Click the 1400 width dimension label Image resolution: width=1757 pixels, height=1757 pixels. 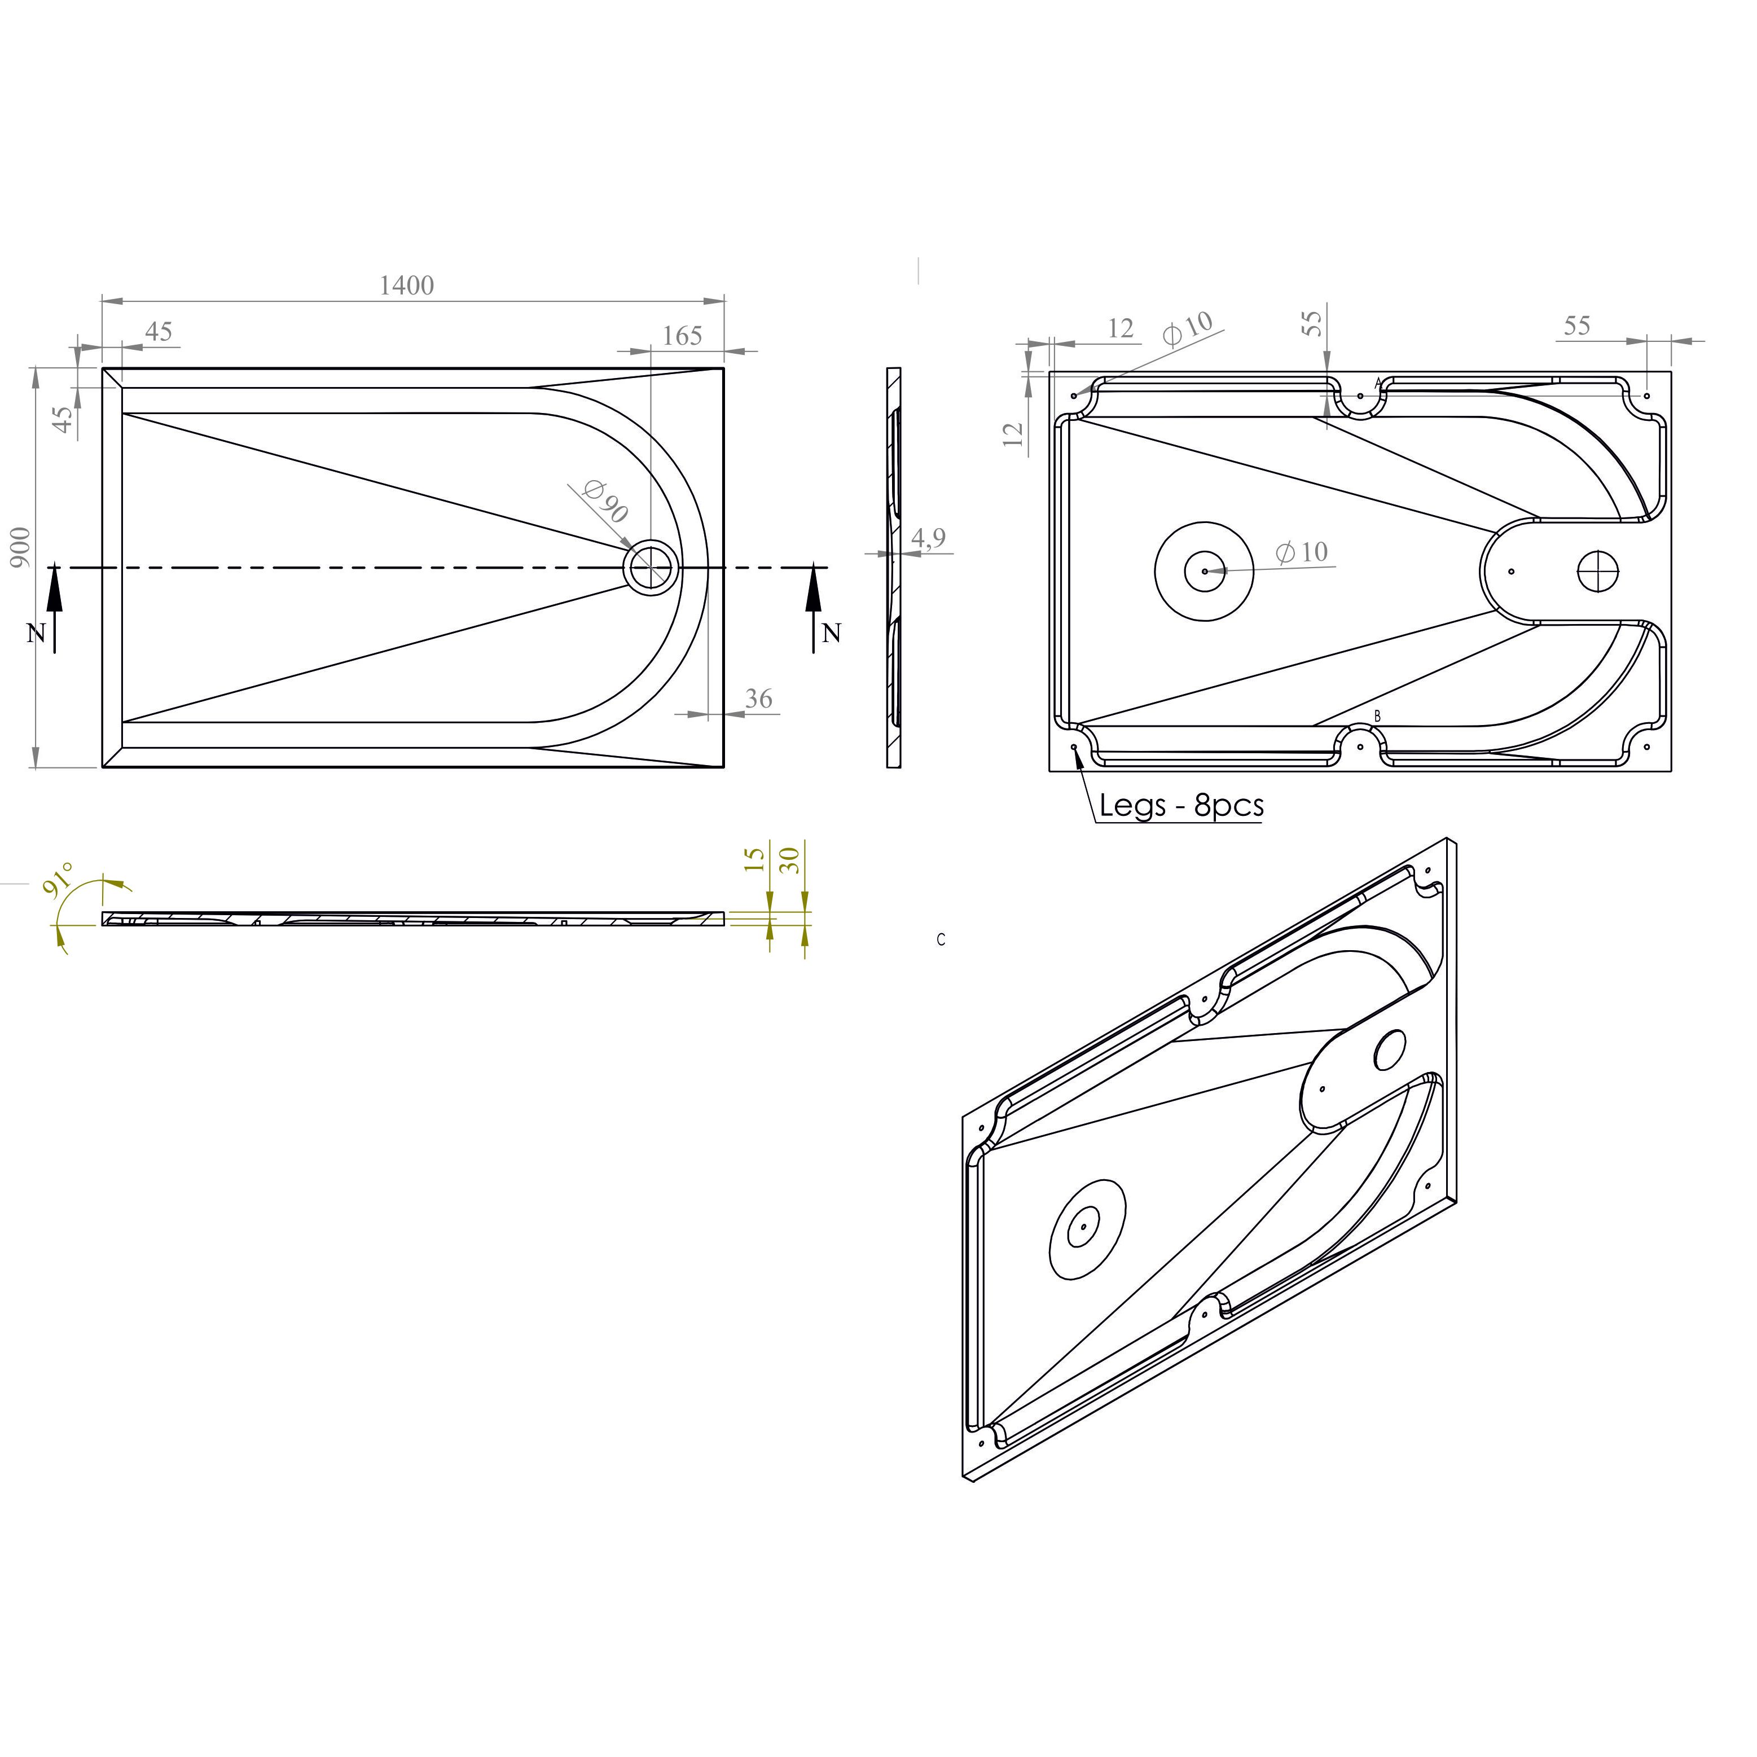point(406,285)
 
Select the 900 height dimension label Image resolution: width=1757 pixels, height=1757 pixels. point(20,547)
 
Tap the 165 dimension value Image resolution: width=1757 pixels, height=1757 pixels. point(682,336)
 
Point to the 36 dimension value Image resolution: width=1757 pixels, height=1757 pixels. point(758,699)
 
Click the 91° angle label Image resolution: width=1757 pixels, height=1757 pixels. point(60,880)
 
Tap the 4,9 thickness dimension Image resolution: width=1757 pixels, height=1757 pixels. point(929,538)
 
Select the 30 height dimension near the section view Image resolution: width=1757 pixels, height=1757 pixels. point(790,859)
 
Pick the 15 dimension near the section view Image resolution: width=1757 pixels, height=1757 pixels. point(755,859)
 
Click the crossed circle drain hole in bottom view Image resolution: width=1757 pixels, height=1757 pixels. point(1598,571)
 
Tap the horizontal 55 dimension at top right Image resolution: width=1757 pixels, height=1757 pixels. point(1577,326)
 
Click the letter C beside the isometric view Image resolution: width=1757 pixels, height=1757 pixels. point(941,939)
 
